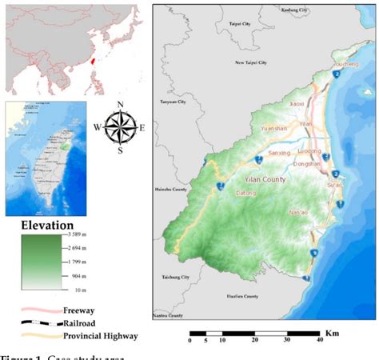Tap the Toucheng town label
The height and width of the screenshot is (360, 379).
pyautogui.click(x=346, y=63)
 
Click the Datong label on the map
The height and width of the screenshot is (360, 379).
pyautogui.click(x=246, y=194)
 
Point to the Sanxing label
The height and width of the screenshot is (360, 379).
pyautogui.click(x=279, y=152)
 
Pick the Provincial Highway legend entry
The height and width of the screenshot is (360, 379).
pyautogui.click(x=100, y=336)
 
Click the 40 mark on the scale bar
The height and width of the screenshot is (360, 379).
pyautogui.click(x=318, y=341)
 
